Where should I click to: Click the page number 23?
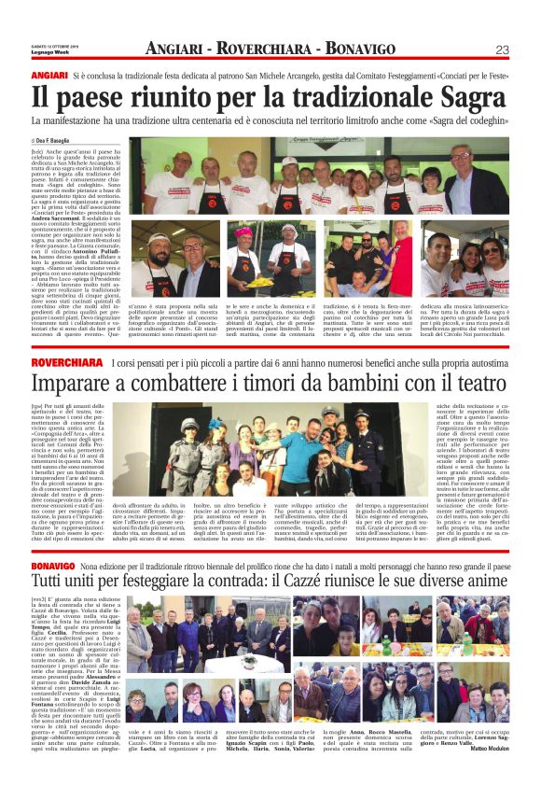pyautogui.click(x=502, y=49)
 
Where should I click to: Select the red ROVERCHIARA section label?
pyautogui.click(x=67, y=361)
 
